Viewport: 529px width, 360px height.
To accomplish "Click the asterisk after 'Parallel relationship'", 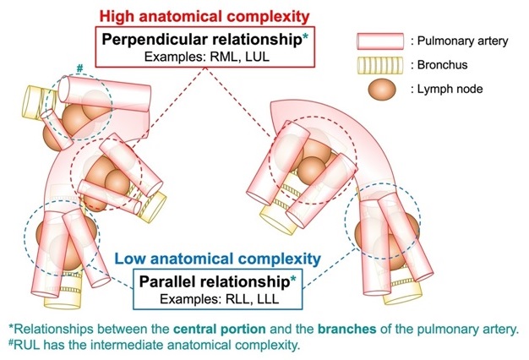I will point(293,275).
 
